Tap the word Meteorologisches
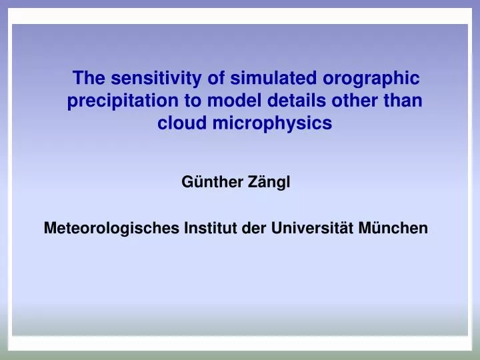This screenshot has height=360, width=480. point(107,229)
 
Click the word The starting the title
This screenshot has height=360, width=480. point(89,79)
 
